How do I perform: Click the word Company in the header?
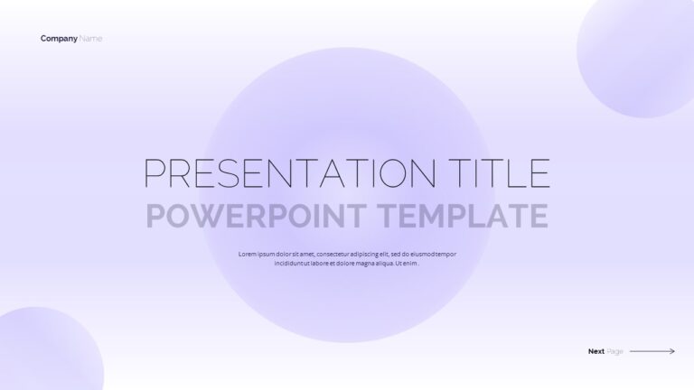point(59,39)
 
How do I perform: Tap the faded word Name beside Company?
point(90,39)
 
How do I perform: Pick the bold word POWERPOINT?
point(256,216)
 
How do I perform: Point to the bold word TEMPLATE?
point(463,216)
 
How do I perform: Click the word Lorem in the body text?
point(247,255)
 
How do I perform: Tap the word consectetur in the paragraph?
point(333,255)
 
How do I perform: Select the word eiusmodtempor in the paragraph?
point(434,255)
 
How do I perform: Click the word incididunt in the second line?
point(288,264)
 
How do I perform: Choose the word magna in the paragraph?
point(365,264)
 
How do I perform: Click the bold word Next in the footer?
point(596,351)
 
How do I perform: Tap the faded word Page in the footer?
point(614,351)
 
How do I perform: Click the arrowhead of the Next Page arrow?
point(672,351)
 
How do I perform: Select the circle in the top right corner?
point(637,58)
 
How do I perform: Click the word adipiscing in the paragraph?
point(364,255)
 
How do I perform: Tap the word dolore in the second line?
point(345,264)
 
